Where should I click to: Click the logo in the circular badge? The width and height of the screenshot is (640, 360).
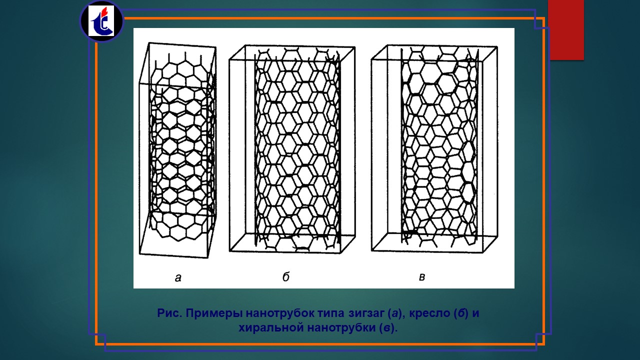coord(101,21)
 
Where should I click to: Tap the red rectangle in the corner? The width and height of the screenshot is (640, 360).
coord(566,29)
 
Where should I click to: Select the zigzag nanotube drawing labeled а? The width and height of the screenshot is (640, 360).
coord(177,150)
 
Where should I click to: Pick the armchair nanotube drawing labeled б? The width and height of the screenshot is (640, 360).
coord(292,149)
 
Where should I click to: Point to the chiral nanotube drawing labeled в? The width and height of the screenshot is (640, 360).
coord(434,149)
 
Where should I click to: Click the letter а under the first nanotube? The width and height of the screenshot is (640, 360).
coord(178,277)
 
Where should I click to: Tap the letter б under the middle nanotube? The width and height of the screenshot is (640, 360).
coord(286,276)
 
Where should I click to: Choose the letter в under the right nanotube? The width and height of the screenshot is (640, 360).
coord(422,277)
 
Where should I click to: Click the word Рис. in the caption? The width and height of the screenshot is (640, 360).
coord(169,313)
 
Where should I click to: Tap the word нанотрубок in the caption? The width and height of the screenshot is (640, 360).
coord(279,313)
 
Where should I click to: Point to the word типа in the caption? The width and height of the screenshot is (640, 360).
coord(331,313)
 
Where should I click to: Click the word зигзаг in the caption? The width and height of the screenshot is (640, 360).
coord(366,313)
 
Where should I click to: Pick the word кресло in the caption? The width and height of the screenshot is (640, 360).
coord(429,313)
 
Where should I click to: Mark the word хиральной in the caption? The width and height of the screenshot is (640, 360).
coord(271,327)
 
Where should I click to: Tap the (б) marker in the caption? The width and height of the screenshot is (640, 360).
coord(461,313)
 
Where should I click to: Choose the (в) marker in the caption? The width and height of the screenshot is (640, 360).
coord(387,328)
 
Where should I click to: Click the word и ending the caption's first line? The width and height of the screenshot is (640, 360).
coord(475,313)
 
